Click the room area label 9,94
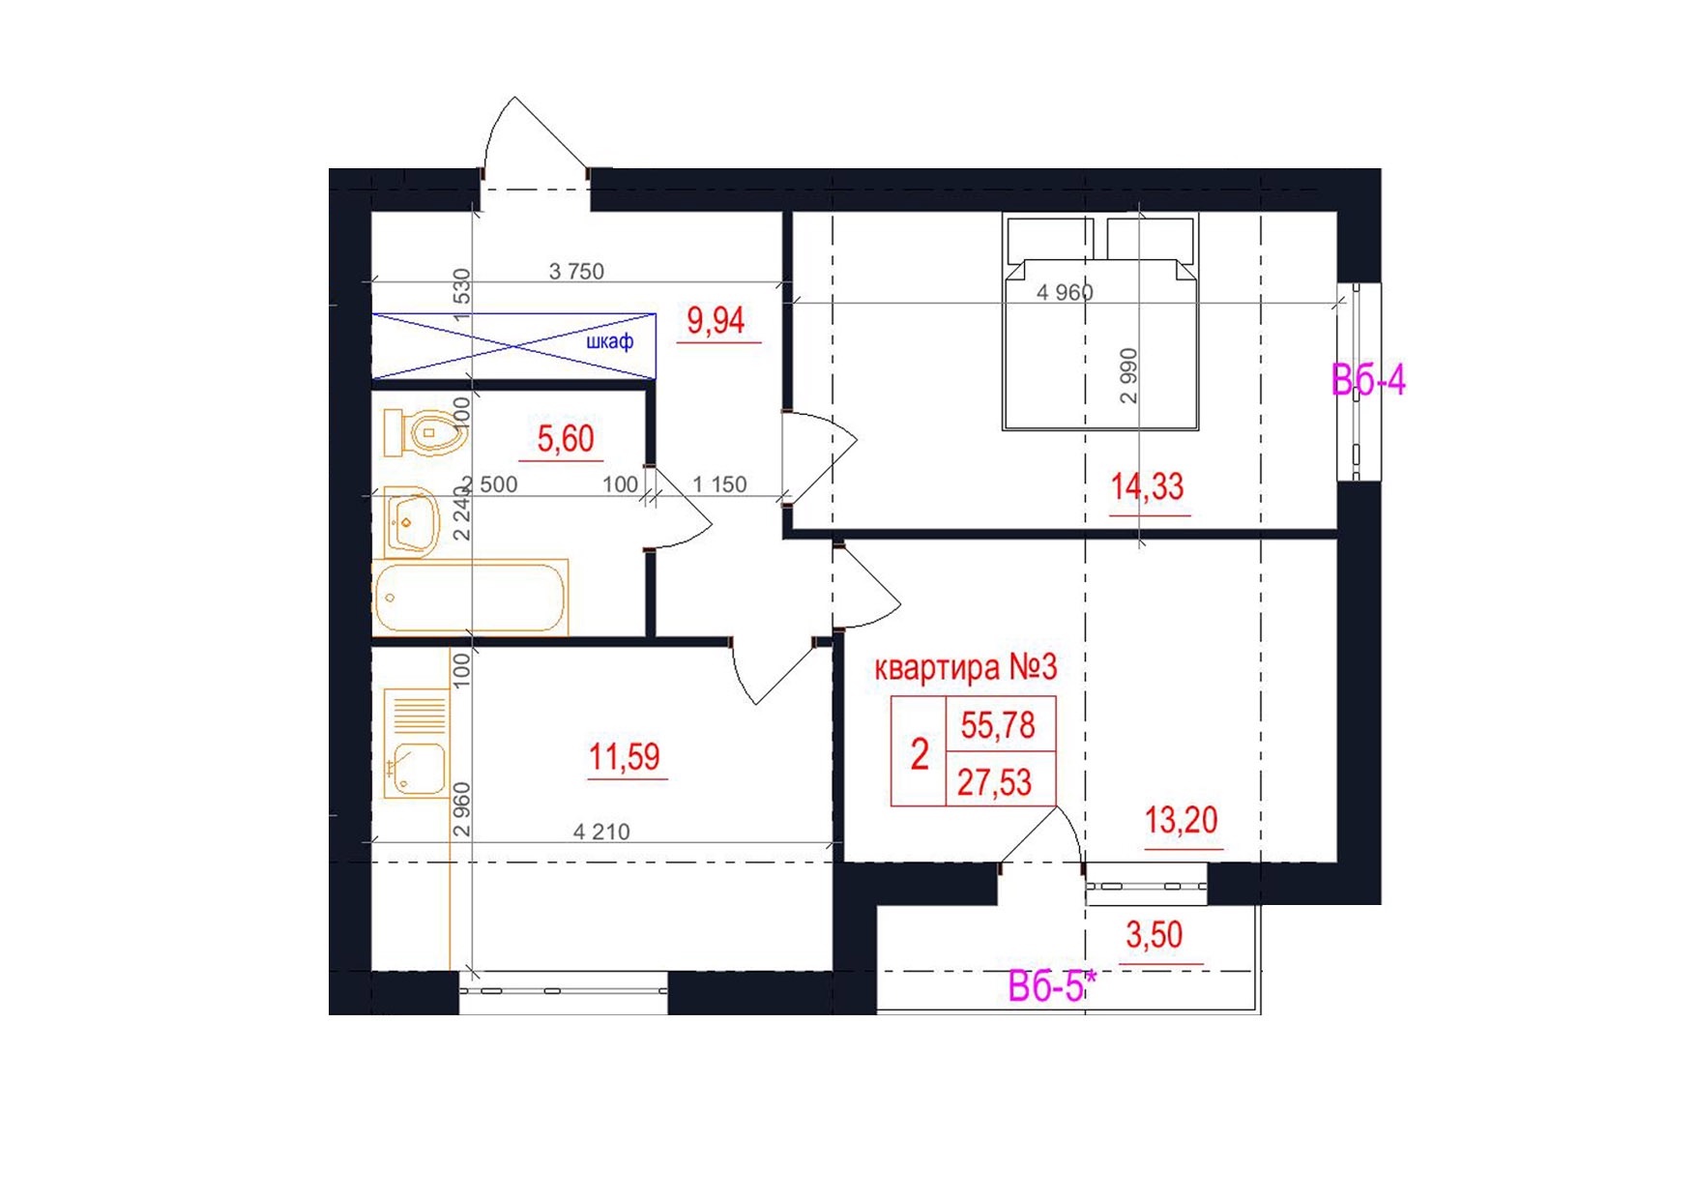point(716,320)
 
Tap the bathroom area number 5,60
point(566,439)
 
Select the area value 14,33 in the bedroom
point(1147,486)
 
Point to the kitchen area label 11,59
point(625,756)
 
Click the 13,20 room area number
point(1182,820)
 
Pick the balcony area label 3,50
point(1155,935)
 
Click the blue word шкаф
point(610,341)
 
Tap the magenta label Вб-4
point(1368,380)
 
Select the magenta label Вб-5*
point(1052,986)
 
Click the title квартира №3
point(966,667)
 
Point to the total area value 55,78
point(998,725)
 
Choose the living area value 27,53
point(995,782)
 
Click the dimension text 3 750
point(576,272)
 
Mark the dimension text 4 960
point(1065,292)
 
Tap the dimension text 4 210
point(601,832)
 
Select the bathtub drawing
point(470,597)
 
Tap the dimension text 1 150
point(720,484)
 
